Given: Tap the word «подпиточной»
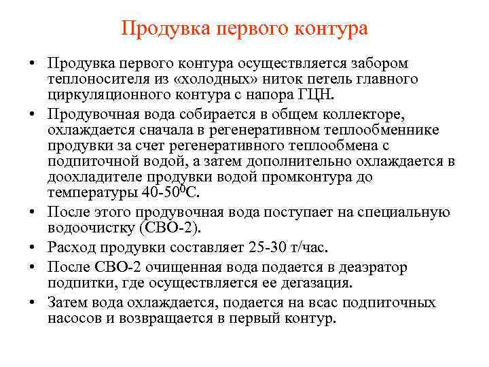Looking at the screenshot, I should pos(92,161).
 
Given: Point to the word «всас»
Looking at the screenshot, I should pos(319,302).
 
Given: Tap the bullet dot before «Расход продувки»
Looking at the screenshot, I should pos(33,246).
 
